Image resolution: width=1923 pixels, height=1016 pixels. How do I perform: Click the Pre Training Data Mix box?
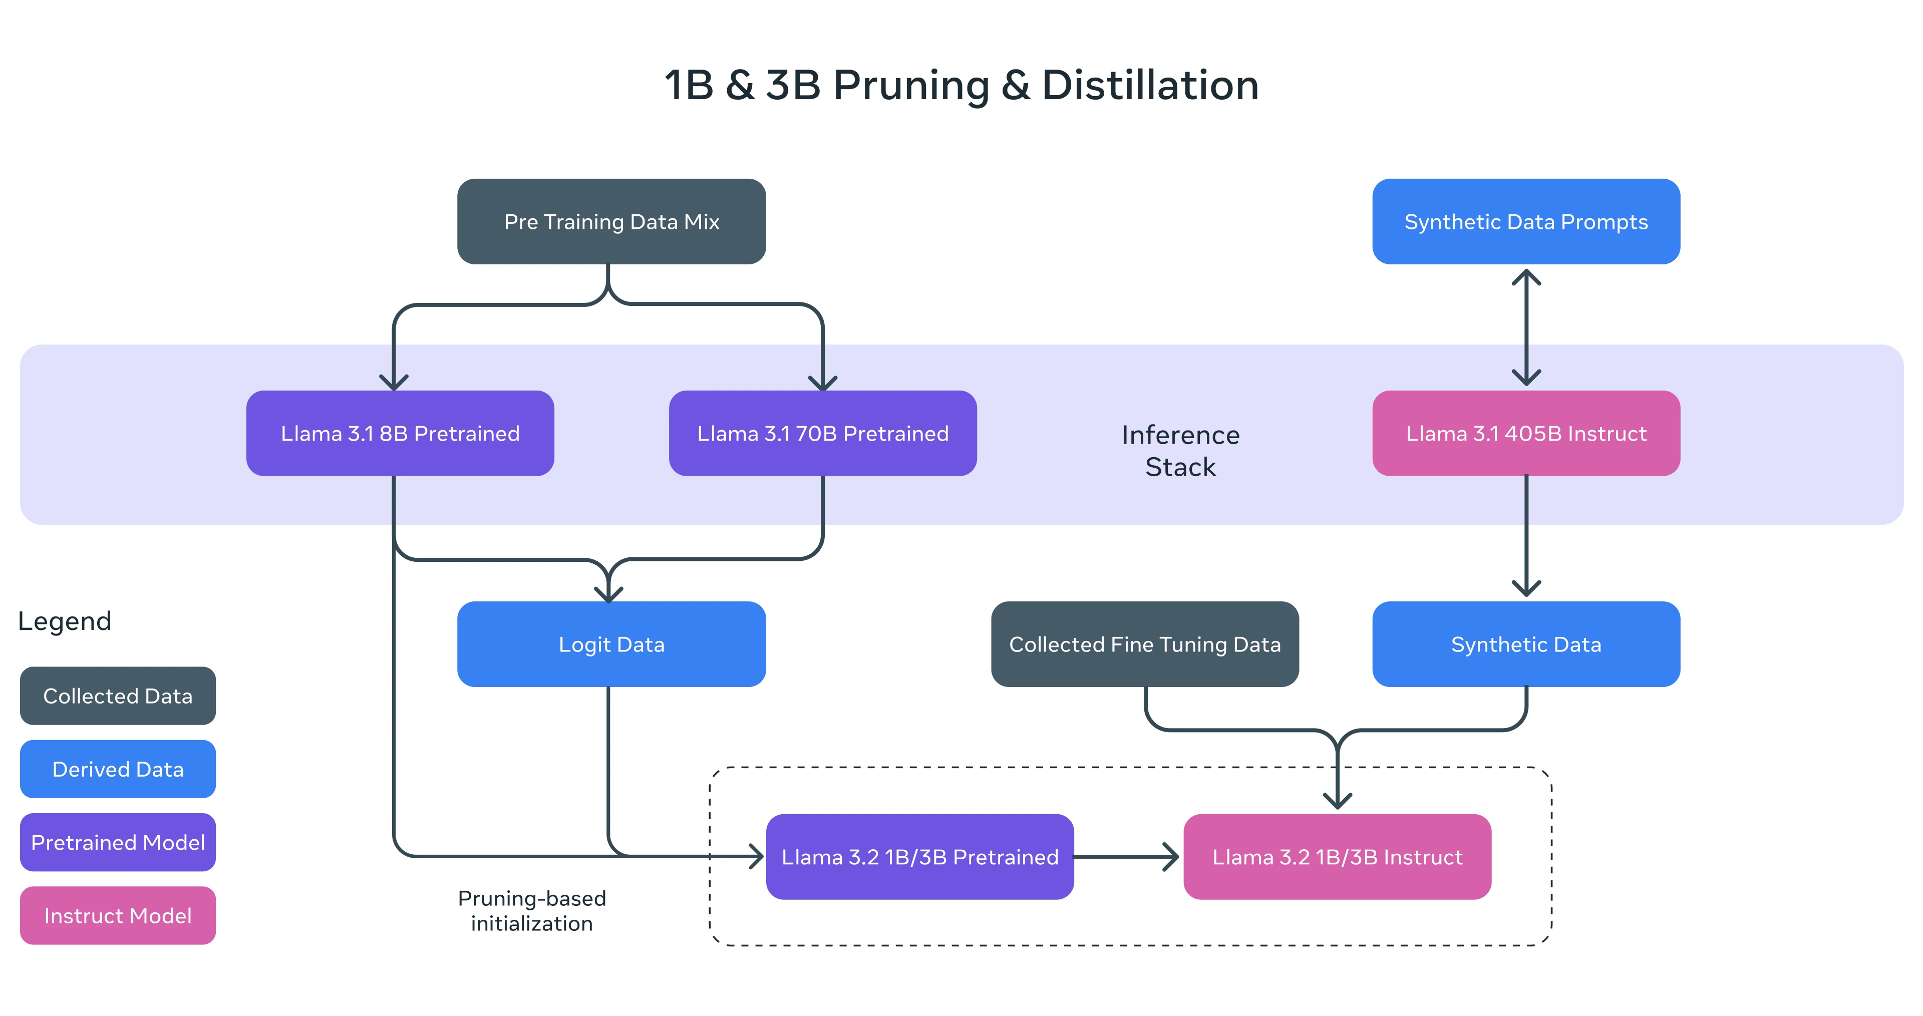(x=611, y=222)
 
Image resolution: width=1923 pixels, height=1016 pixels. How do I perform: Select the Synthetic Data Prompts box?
(x=1526, y=222)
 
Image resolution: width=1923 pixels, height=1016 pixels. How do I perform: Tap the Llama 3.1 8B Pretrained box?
(x=400, y=434)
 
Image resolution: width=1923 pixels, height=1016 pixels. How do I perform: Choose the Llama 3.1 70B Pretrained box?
(x=823, y=434)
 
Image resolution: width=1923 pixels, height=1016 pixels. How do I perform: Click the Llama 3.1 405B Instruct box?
(x=1526, y=434)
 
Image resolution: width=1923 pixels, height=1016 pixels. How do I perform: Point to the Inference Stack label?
(x=1180, y=451)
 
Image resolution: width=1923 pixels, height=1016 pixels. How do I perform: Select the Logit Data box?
(x=611, y=644)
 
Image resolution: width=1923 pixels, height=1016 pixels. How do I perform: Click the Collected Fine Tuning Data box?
(x=1144, y=644)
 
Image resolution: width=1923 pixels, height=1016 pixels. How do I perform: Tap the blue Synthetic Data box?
(x=1526, y=644)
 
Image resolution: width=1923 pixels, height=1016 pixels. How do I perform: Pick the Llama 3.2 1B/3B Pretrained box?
(x=920, y=857)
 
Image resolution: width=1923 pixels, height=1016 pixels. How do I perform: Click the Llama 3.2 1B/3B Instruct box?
(x=1337, y=857)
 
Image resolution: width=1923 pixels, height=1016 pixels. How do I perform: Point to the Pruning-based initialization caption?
(x=531, y=911)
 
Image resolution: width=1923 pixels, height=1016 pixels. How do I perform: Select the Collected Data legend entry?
(x=118, y=696)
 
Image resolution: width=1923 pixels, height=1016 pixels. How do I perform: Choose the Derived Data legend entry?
(x=118, y=769)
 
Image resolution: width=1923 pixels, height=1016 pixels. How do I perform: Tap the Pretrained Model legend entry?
(x=118, y=842)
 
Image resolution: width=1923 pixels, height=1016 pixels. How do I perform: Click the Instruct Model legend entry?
(x=118, y=915)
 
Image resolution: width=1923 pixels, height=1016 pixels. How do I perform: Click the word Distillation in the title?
(x=1150, y=85)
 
